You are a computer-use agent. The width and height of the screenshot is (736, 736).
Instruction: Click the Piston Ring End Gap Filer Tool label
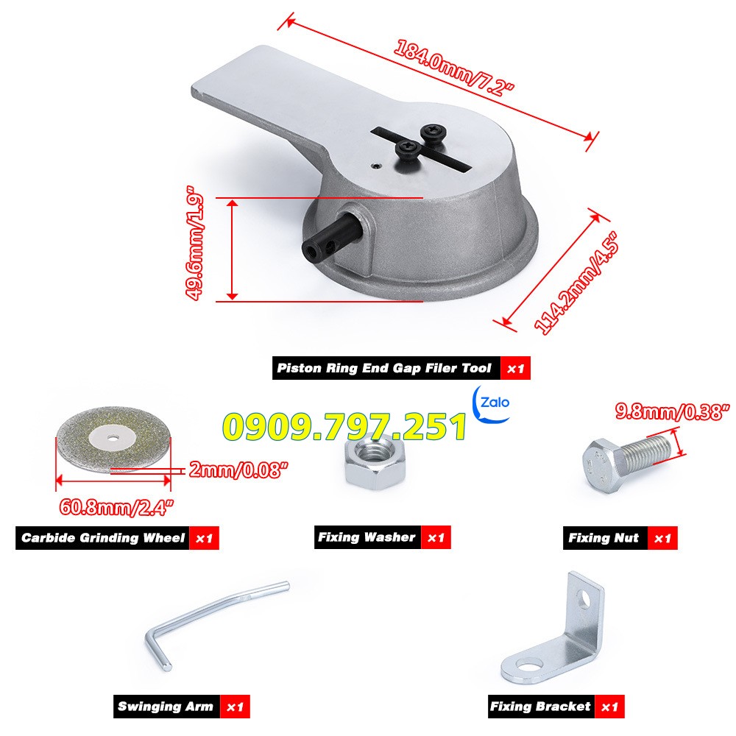point(383,368)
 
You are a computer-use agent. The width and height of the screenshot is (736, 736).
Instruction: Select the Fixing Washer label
point(367,537)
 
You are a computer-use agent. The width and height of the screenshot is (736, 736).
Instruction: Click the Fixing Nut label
point(604,538)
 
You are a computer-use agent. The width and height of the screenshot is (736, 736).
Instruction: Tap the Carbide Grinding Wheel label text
point(102,538)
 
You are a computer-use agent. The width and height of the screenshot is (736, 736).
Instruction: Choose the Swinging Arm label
point(166,707)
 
